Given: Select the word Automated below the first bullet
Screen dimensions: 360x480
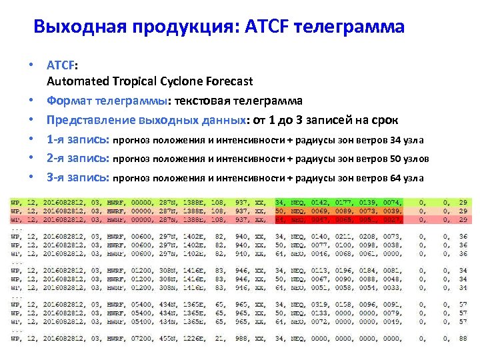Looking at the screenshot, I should coord(77,81).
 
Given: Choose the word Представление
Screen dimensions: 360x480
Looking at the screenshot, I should coord(91,120).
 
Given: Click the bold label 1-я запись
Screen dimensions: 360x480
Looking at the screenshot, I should coord(77,139).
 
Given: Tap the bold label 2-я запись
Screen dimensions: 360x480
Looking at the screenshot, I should coord(77,159).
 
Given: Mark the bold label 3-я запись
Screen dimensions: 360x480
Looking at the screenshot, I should coord(77,177).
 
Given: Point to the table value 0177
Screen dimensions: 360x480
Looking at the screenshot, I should coord(344,201).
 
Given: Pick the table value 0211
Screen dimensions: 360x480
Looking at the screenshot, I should coord(344,237).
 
